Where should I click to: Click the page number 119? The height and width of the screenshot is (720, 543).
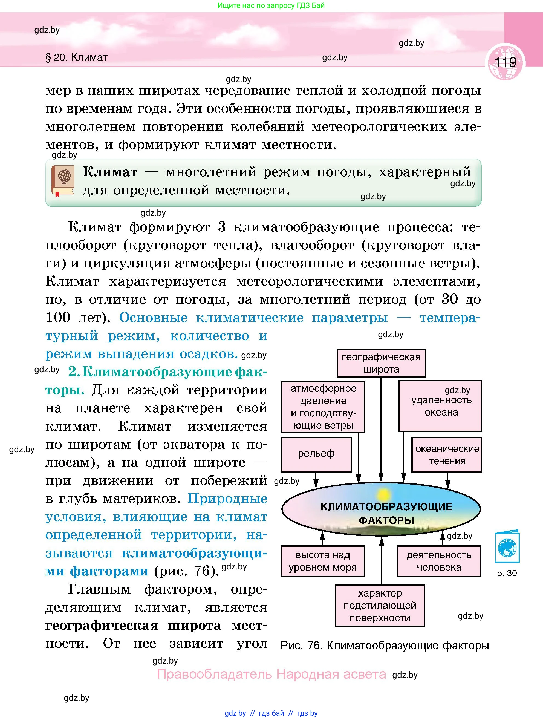point(505,62)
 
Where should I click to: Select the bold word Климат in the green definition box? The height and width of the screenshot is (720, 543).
point(110,172)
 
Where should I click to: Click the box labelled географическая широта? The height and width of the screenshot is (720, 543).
point(381,363)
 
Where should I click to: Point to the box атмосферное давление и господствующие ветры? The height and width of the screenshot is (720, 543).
point(323,407)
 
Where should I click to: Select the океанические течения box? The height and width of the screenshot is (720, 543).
point(447,455)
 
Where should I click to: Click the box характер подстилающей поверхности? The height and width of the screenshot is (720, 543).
point(380,605)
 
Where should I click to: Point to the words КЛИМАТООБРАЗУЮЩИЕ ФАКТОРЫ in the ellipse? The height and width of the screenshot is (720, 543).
point(386,513)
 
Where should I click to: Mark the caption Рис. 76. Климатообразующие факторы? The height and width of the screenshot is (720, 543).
point(385,646)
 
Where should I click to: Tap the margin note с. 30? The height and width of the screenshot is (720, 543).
point(507,573)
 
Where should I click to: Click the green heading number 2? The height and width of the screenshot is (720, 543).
point(74,372)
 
